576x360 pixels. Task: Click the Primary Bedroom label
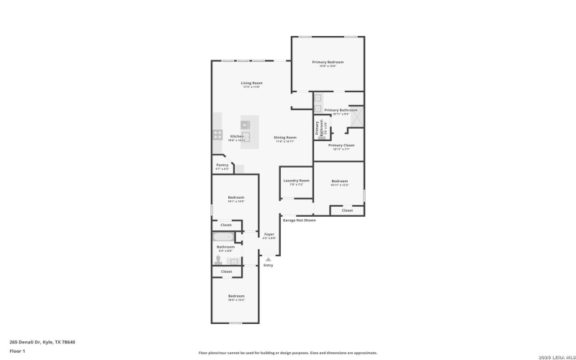point(328,63)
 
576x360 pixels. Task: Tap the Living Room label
point(251,84)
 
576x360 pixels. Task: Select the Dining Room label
point(285,138)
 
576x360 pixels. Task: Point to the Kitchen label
point(237,136)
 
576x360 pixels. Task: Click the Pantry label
point(222,165)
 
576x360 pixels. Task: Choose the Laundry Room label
point(296,180)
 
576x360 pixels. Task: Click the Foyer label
point(269,234)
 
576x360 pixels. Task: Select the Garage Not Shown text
point(299,220)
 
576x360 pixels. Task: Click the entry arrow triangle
point(269,258)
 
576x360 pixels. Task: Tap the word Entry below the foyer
point(269,265)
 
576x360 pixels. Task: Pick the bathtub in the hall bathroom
point(223,236)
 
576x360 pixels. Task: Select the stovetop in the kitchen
point(217,134)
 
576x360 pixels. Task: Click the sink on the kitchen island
point(245,124)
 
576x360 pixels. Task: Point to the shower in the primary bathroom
point(356,117)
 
